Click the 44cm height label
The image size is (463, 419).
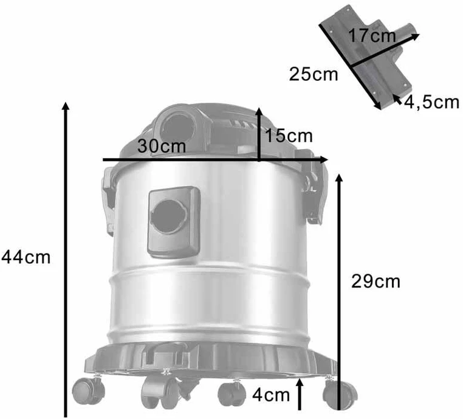[x=26, y=257]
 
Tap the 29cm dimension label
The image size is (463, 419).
[x=376, y=282]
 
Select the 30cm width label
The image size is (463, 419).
[x=162, y=146]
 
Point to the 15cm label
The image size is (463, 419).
[x=289, y=136]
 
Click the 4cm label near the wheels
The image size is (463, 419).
[x=271, y=395]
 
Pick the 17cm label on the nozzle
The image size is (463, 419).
[x=372, y=35]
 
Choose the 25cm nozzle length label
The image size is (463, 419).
[x=314, y=74]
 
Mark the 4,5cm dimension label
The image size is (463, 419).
[x=431, y=103]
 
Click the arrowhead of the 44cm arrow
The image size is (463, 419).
[x=66, y=106]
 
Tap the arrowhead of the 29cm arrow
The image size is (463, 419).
[x=339, y=178]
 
